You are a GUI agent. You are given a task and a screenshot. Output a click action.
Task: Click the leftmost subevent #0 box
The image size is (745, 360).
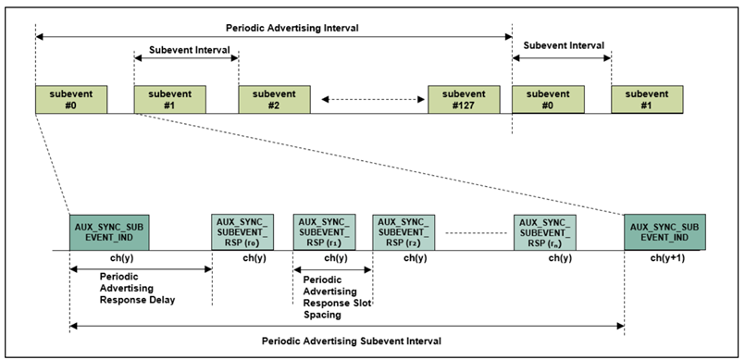pos(71,99)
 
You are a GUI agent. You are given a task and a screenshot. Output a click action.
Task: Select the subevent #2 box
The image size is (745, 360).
pos(274,99)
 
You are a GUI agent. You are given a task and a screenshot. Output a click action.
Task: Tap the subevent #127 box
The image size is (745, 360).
pos(463,99)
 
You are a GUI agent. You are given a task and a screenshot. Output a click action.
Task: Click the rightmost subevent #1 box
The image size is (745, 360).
pos(647,99)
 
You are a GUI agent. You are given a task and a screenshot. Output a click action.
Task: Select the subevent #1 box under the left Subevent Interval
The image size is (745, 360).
pos(169,99)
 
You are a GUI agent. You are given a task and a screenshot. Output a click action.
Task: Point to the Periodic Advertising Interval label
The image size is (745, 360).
pos(274,28)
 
